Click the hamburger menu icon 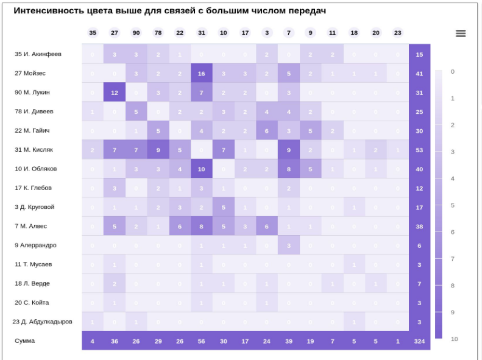point(461,34)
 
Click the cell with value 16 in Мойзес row point(201,73)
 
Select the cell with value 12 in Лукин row point(114,93)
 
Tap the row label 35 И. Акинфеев point(38,54)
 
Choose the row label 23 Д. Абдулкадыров point(43,322)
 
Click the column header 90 point(136,33)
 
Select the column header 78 point(158,33)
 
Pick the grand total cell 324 point(419,341)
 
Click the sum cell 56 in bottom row point(201,341)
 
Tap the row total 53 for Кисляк point(419,150)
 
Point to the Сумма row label point(25,341)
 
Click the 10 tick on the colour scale point(454,339)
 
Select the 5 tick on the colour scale point(453,205)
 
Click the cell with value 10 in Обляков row point(201,169)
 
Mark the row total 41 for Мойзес point(419,73)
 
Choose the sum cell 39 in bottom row point(289,341)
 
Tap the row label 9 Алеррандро point(35,245)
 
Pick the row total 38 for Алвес point(419,227)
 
